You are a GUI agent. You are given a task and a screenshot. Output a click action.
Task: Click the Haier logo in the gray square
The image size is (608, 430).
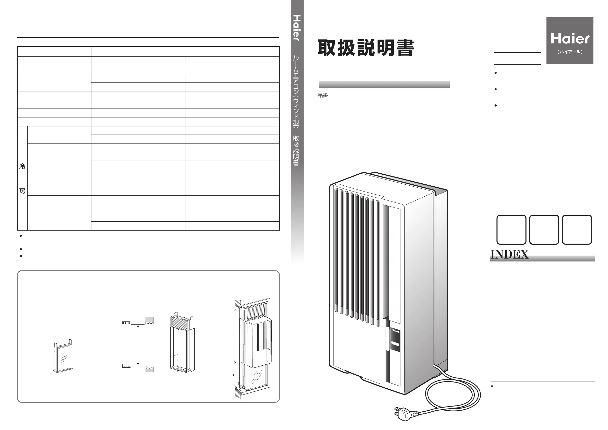(x=570, y=39)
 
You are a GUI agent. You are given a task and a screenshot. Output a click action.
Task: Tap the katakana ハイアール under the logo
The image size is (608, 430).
(x=570, y=52)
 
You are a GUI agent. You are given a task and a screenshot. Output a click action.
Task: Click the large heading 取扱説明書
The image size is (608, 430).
(x=366, y=48)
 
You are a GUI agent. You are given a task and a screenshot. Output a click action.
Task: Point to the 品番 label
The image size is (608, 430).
(x=323, y=95)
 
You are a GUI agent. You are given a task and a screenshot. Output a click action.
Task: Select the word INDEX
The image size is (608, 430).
(x=509, y=255)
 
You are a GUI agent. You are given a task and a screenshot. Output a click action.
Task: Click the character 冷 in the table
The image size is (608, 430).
(x=22, y=166)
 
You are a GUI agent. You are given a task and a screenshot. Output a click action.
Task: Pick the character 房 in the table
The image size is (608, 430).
(x=22, y=191)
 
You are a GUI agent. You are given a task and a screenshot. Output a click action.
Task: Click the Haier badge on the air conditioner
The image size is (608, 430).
(x=395, y=331)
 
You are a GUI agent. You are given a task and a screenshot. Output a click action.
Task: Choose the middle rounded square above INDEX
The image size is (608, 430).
(x=544, y=230)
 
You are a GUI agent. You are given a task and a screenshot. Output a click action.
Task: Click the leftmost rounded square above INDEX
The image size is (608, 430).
(x=511, y=230)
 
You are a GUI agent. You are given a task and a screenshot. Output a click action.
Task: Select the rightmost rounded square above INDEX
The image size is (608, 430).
(x=577, y=230)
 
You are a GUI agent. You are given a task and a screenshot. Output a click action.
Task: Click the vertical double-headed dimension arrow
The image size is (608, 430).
(x=138, y=345)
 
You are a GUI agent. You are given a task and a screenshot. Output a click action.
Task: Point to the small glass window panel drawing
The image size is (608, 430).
(x=63, y=356)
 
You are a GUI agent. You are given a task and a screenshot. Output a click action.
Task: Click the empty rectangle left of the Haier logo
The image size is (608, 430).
(x=517, y=58)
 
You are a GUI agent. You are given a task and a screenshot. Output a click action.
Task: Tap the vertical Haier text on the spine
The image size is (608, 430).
(x=297, y=28)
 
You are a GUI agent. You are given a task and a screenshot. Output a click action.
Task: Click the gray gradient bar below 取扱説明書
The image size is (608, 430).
(x=384, y=85)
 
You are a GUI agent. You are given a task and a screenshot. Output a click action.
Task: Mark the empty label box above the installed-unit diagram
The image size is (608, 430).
(x=241, y=291)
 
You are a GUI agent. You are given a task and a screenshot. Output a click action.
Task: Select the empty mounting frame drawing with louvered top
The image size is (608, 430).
(x=182, y=343)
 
